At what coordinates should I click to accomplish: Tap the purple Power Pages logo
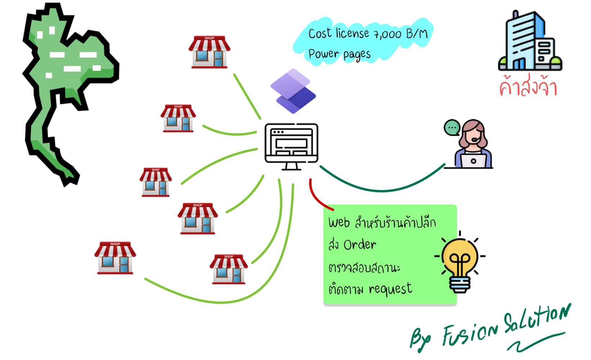coord(293,91)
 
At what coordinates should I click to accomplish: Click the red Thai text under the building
coord(528,87)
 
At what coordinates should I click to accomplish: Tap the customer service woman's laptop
coord(473,160)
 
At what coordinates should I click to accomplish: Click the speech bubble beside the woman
coord(452,127)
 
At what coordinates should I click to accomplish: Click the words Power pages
coord(339,54)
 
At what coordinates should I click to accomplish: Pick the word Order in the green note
coord(359,245)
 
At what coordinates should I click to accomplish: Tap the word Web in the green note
coord(339,222)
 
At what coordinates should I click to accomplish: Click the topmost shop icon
coord(210,52)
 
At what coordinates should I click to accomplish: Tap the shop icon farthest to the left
coord(115,258)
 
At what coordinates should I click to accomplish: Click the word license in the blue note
coord(352,34)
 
